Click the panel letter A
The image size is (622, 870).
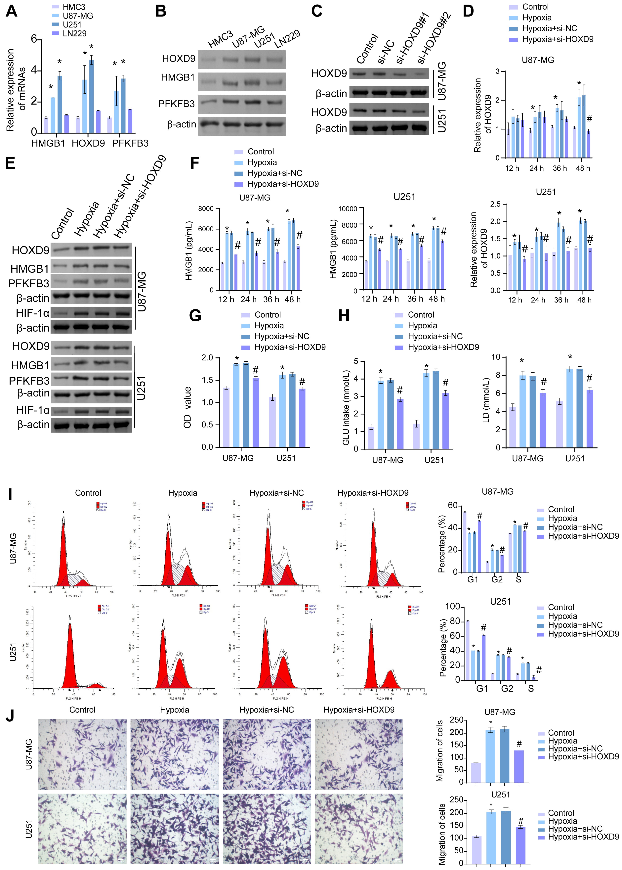(x=12, y=11)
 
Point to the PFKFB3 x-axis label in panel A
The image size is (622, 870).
(x=130, y=143)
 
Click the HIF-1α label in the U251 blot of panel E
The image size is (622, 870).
(x=33, y=410)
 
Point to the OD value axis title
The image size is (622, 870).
(x=187, y=407)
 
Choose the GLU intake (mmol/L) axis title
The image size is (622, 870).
(x=346, y=408)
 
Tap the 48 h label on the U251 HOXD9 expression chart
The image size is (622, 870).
(x=584, y=300)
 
